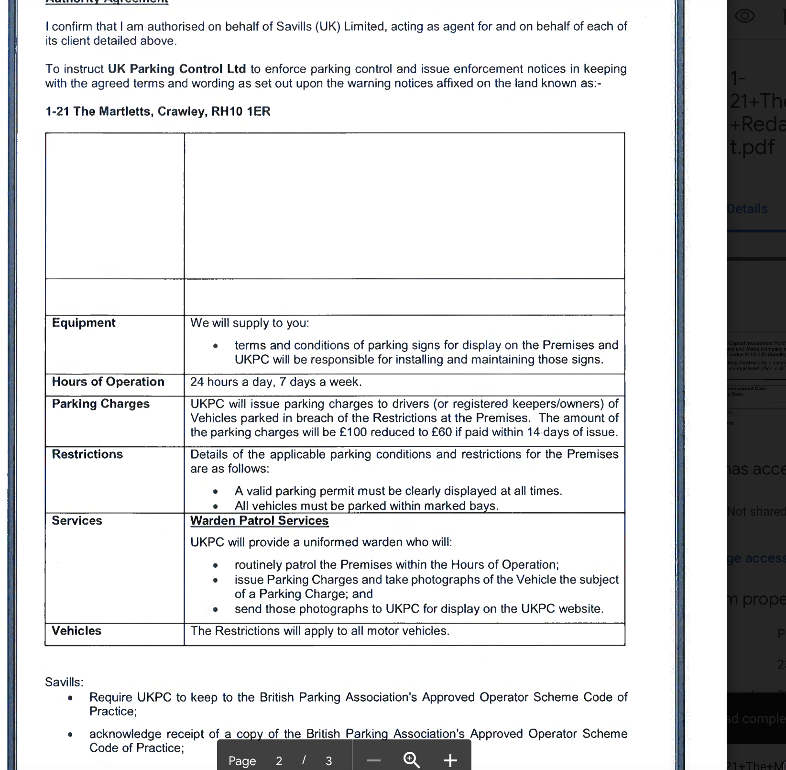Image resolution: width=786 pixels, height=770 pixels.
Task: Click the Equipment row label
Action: [84, 323]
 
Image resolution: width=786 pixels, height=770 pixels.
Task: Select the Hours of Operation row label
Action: [108, 382]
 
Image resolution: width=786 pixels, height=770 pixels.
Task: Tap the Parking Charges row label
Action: [101, 404]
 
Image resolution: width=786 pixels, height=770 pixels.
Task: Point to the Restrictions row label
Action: [87, 454]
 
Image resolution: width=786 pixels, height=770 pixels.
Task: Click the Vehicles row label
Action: [76, 631]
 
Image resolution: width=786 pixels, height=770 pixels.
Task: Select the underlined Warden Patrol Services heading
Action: [260, 520]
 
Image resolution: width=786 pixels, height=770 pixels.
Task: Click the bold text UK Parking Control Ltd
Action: [177, 69]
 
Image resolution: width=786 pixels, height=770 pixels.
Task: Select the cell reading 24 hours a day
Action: [276, 382]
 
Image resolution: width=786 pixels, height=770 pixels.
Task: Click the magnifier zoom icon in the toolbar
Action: [412, 759]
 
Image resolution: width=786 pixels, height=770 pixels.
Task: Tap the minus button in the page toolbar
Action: [374, 760]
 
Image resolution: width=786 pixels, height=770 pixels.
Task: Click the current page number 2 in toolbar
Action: [279, 761]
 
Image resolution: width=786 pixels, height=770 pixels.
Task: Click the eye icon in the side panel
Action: [744, 16]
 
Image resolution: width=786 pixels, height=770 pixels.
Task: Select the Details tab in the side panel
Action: [747, 209]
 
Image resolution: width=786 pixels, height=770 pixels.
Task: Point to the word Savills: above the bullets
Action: [64, 682]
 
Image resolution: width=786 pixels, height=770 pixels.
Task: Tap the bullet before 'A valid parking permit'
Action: [216, 492]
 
